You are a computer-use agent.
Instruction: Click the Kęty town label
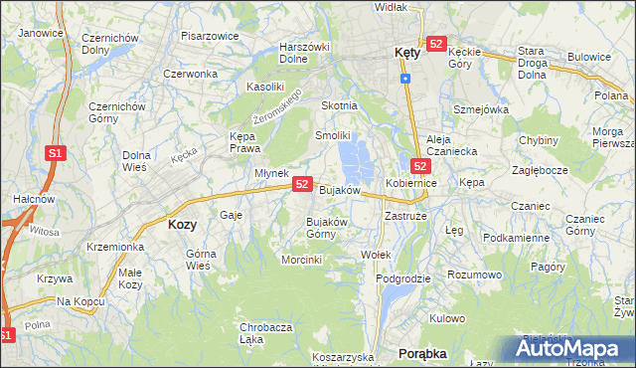pos(400,55)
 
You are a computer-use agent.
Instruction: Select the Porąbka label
pos(422,353)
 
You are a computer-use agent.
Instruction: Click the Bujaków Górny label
pos(326,228)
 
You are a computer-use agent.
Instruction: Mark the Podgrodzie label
pos(403,278)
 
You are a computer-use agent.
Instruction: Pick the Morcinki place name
pos(302,260)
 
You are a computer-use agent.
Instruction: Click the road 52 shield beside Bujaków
pos(303,184)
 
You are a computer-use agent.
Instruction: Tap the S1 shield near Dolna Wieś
pos(56,153)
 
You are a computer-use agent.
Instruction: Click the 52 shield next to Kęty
pos(436,44)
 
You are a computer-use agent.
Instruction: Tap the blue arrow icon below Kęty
pos(405,78)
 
